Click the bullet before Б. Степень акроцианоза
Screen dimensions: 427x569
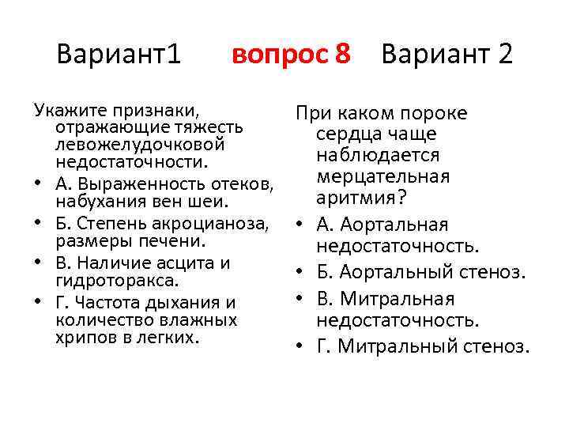tap(37, 221)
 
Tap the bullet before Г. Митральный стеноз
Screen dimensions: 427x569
tap(302, 346)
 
